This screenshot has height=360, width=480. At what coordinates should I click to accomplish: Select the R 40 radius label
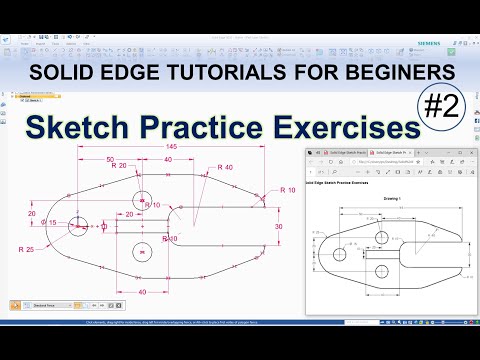point(223,167)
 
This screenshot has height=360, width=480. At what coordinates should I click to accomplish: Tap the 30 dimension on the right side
point(278,227)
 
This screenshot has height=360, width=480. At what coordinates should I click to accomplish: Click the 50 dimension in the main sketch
point(108,159)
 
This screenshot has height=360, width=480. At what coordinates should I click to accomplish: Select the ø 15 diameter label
point(47,222)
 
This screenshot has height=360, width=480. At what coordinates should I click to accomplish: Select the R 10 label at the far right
point(290,189)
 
